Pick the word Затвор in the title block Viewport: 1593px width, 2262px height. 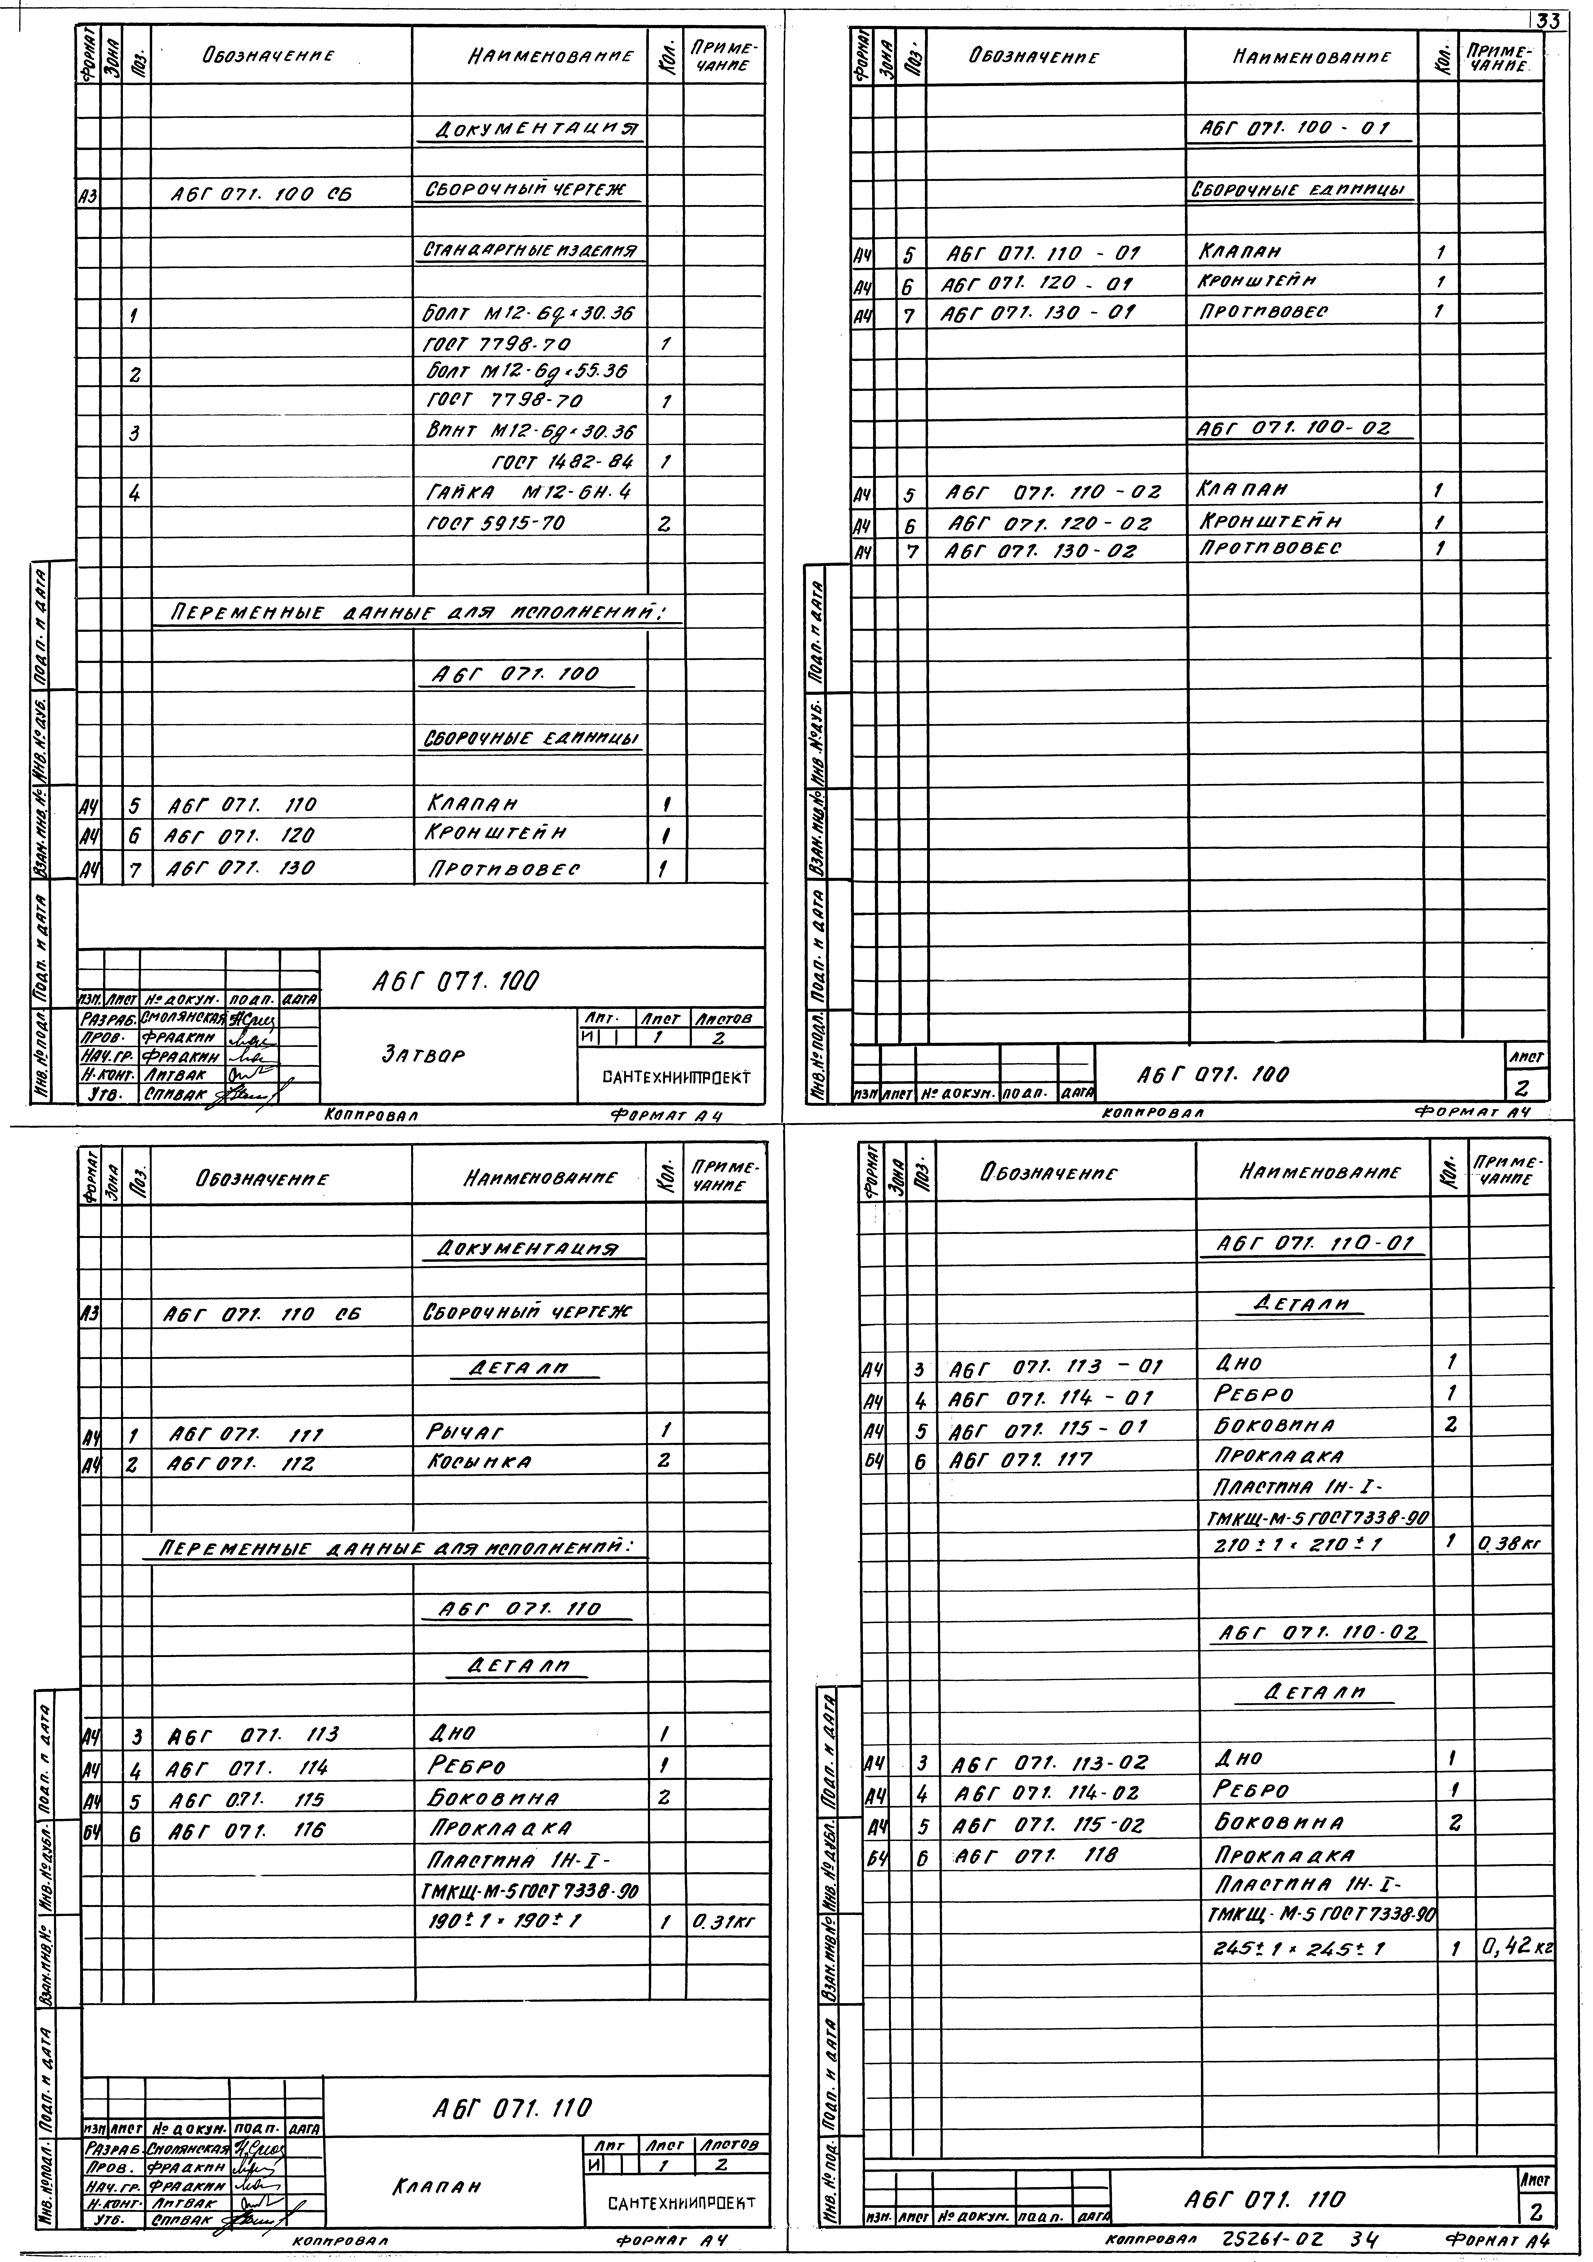point(423,1054)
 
